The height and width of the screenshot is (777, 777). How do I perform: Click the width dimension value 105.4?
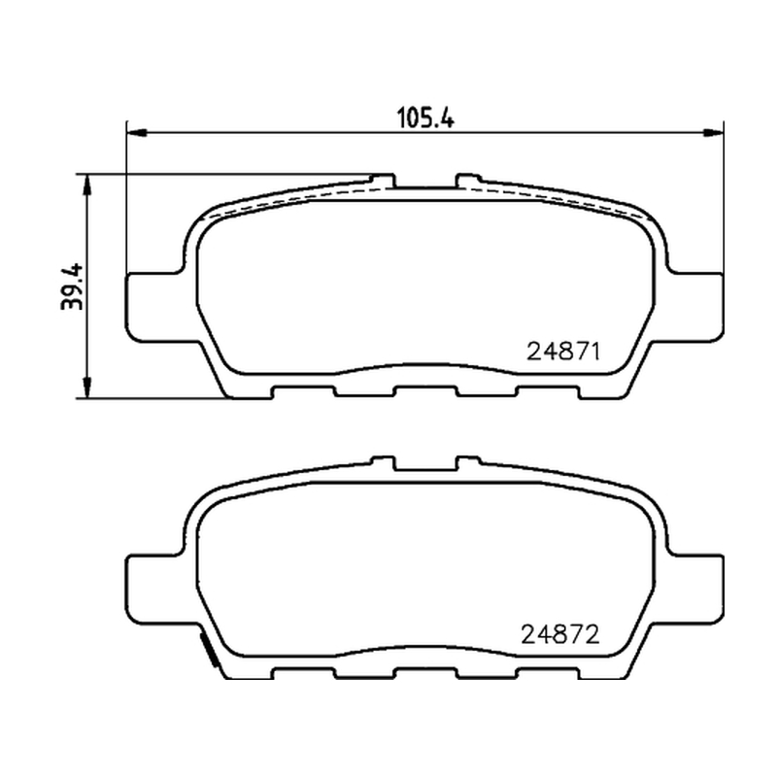tap(425, 118)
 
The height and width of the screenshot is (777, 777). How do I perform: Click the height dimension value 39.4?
tap(72, 287)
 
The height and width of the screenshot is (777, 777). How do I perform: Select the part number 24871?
tap(563, 352)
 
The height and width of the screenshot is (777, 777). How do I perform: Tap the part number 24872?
tap(560, 634)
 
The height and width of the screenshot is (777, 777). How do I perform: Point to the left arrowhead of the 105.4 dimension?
tap(137, 133)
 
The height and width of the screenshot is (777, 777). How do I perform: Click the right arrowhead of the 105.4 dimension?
tap(714, 132)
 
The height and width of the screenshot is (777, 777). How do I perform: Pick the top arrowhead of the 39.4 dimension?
tap(87, 185)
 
